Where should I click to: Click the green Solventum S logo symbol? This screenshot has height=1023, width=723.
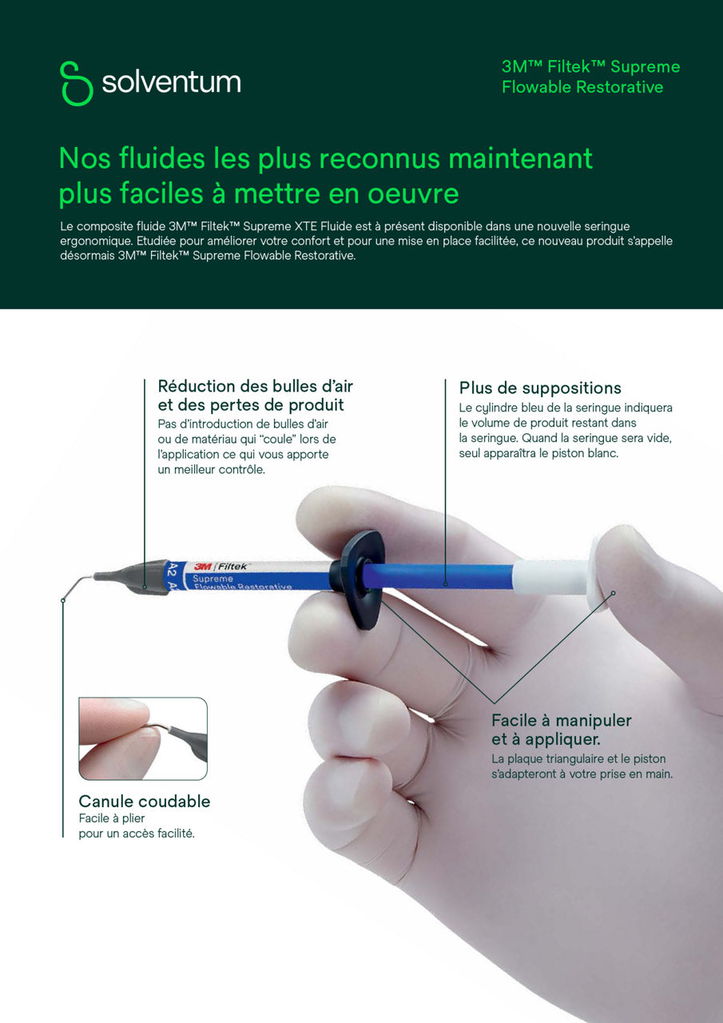pyautogui.click(x=76, y=82)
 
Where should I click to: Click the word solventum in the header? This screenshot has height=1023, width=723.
pyautogui.click(x=171, y=82)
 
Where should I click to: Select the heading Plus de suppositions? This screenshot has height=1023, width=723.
pyautogui.click(x=539, y=388)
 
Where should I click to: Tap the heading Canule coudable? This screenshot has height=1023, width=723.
pyautogui.click(x=145, y=801)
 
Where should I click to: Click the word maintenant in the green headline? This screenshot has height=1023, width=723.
pyautogui.click(x=520, y=158)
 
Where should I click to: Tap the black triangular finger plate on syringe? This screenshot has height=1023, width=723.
pyautogui.click(x=359, y=577)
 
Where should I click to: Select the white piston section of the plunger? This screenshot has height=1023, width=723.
pyautogui.click(x=551, y=575)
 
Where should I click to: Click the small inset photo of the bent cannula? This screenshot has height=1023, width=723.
pyautogui.click(x=143, y=738)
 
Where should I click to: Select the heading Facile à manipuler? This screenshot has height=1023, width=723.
pyautogui.click(x=561, y=720)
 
